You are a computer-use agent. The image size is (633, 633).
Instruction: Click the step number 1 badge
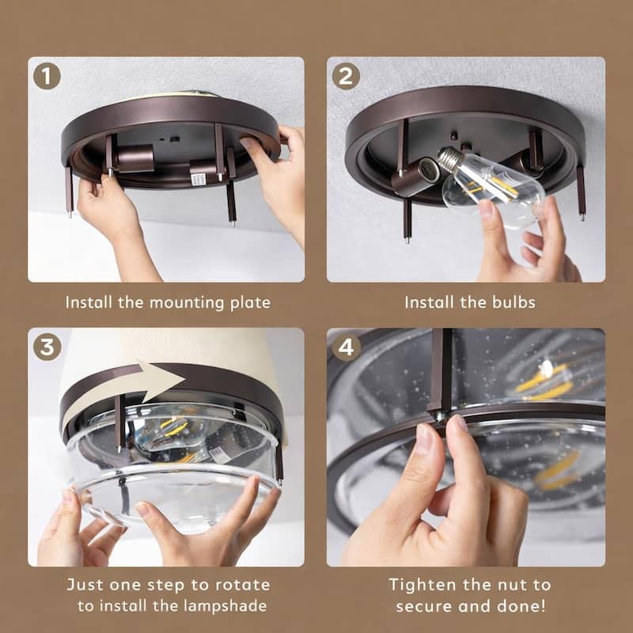47,76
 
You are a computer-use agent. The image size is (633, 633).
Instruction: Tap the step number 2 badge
346,76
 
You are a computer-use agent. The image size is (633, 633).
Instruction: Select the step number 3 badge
47,347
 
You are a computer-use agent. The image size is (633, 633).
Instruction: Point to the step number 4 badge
346,347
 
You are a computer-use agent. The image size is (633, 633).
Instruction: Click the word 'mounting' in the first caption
187,303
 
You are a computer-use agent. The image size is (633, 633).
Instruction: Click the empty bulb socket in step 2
428,169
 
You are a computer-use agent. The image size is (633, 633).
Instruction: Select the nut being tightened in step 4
439,417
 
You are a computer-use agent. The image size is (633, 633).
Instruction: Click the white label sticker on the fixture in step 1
197,180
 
